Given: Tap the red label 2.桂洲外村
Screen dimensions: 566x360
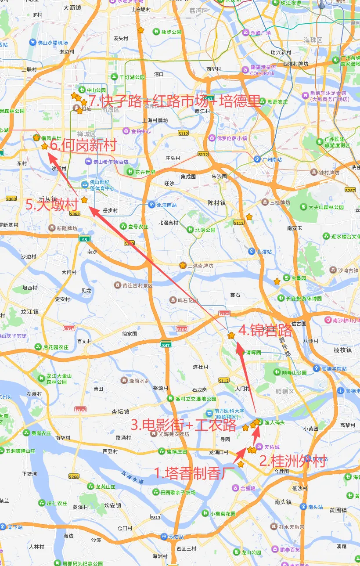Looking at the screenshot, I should (292, 461).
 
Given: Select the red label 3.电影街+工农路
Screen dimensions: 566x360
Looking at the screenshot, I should (184, 425).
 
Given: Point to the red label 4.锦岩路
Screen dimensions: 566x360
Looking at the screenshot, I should (265, 330).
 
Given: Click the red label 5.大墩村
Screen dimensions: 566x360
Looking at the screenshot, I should (52, 205).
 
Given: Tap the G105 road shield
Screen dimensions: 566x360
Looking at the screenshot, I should (182, 328).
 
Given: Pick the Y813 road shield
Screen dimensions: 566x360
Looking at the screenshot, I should (155, 517).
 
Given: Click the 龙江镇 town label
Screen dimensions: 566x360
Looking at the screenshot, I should (30, 311).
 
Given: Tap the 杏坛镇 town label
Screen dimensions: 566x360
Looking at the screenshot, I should (120, 411).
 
